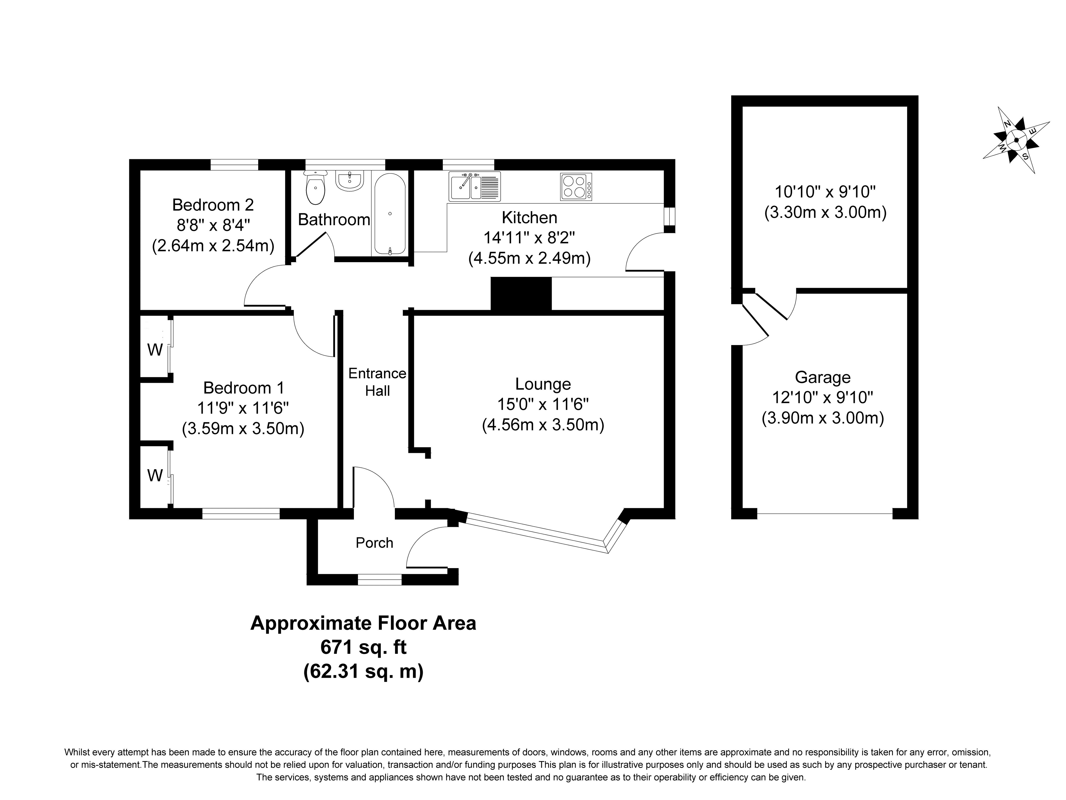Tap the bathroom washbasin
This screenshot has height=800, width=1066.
349,181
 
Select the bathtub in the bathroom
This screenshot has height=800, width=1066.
389,214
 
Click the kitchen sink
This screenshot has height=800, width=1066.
475,186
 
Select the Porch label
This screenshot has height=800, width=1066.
374,543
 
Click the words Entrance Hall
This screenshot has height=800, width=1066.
377,382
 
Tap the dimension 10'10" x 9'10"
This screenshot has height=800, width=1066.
825,192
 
